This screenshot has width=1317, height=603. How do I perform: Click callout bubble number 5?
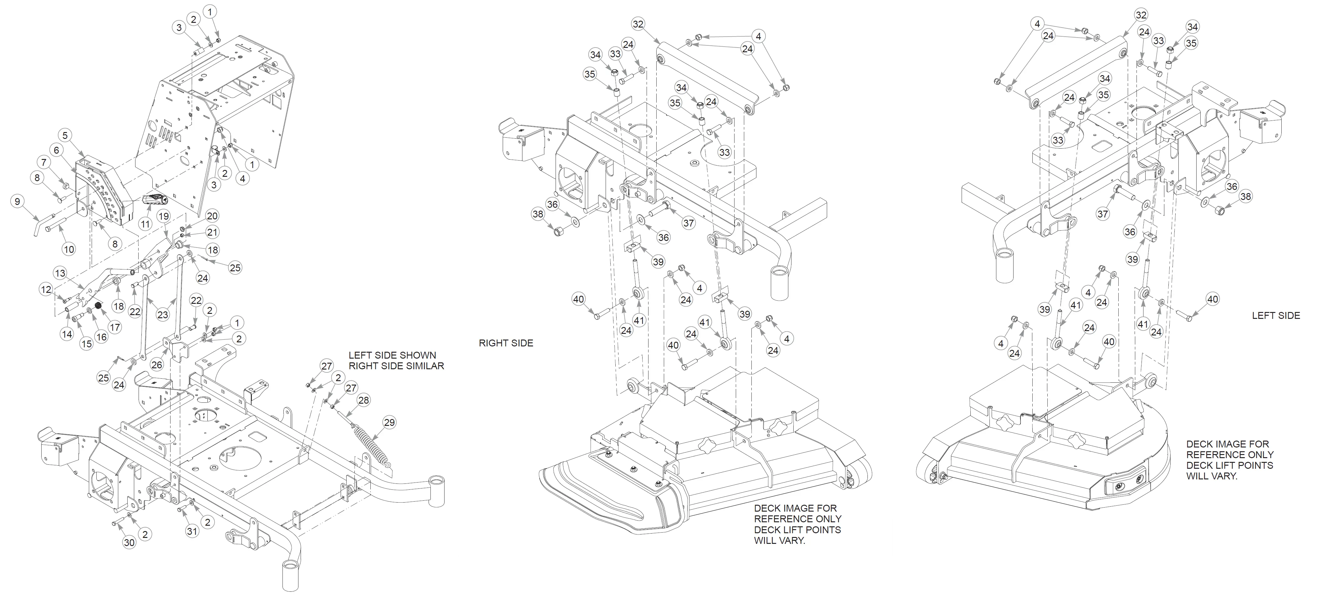pyautogui.click(x=65, y=135)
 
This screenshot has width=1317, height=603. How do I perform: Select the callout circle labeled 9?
pyautogui.click(x=18, y=202)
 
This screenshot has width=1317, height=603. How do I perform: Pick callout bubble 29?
pyautogui.click(x=389, y=422)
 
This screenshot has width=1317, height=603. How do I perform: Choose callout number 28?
pyautogui.click(x=364, y=400)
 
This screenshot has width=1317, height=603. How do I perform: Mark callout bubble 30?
pyautogui.click(x=129, y=542)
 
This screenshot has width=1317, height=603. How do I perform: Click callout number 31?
pyautogui.click(x=192, y=531)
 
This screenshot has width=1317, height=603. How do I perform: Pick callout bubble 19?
pyautogui.click(x=163, y=216)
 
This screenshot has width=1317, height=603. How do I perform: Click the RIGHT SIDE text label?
pyautogui.click(x=506, y=343)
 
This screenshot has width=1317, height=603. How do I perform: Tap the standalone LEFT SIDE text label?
pyautogui.click(x=1276, y=315)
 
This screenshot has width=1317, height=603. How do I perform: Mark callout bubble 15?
pyautogui.click(x=87, y=344)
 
